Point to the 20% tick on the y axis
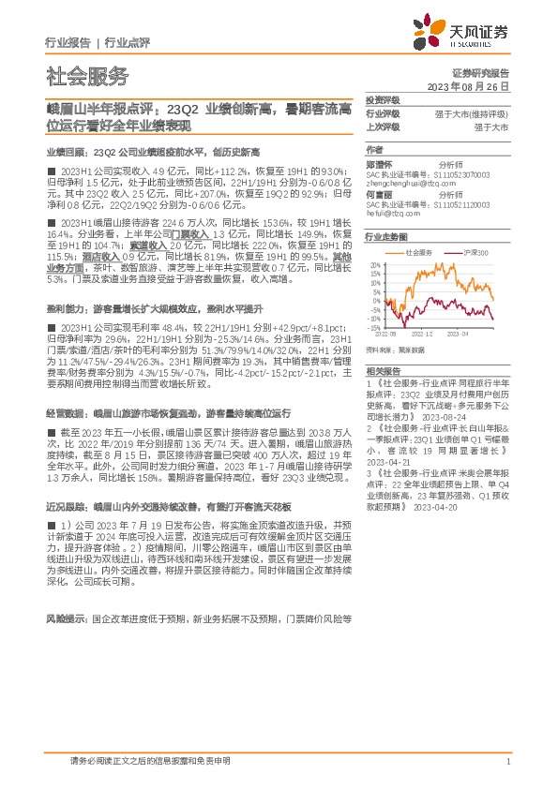[373, 263]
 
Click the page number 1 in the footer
[506, 761]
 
